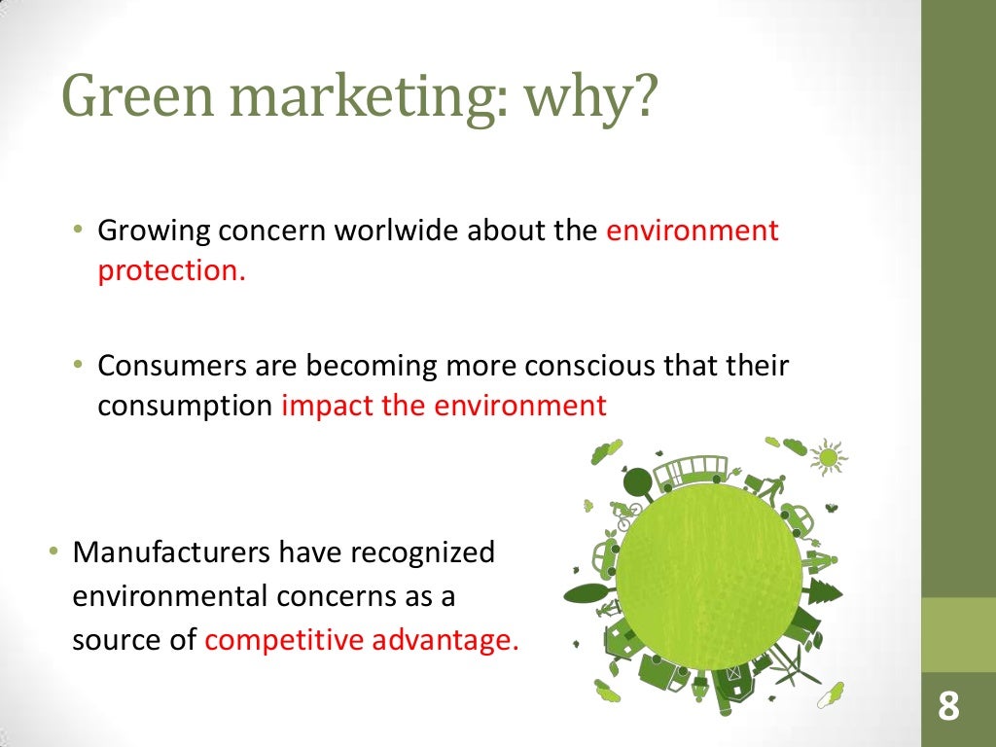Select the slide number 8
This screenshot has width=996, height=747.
point(948,707)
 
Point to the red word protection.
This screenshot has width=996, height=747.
point(171,270)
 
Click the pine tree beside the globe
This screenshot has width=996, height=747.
point(824,589)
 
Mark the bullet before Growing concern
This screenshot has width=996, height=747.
point(78,231)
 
